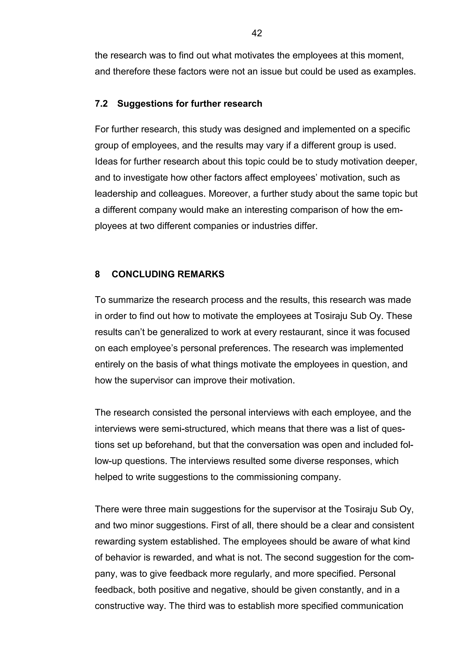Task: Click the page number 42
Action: pos(257,33)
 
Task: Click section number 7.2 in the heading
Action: pos(101,104)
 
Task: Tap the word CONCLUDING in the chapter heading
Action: pos(143,274)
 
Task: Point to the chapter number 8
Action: pos(97,274)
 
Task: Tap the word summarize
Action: pos(131,300)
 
